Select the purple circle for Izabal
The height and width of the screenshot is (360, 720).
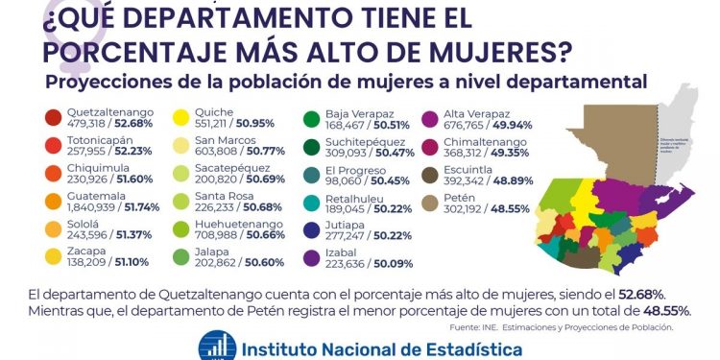pos(311,258)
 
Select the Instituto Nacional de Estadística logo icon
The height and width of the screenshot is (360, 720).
pos(217,347)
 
